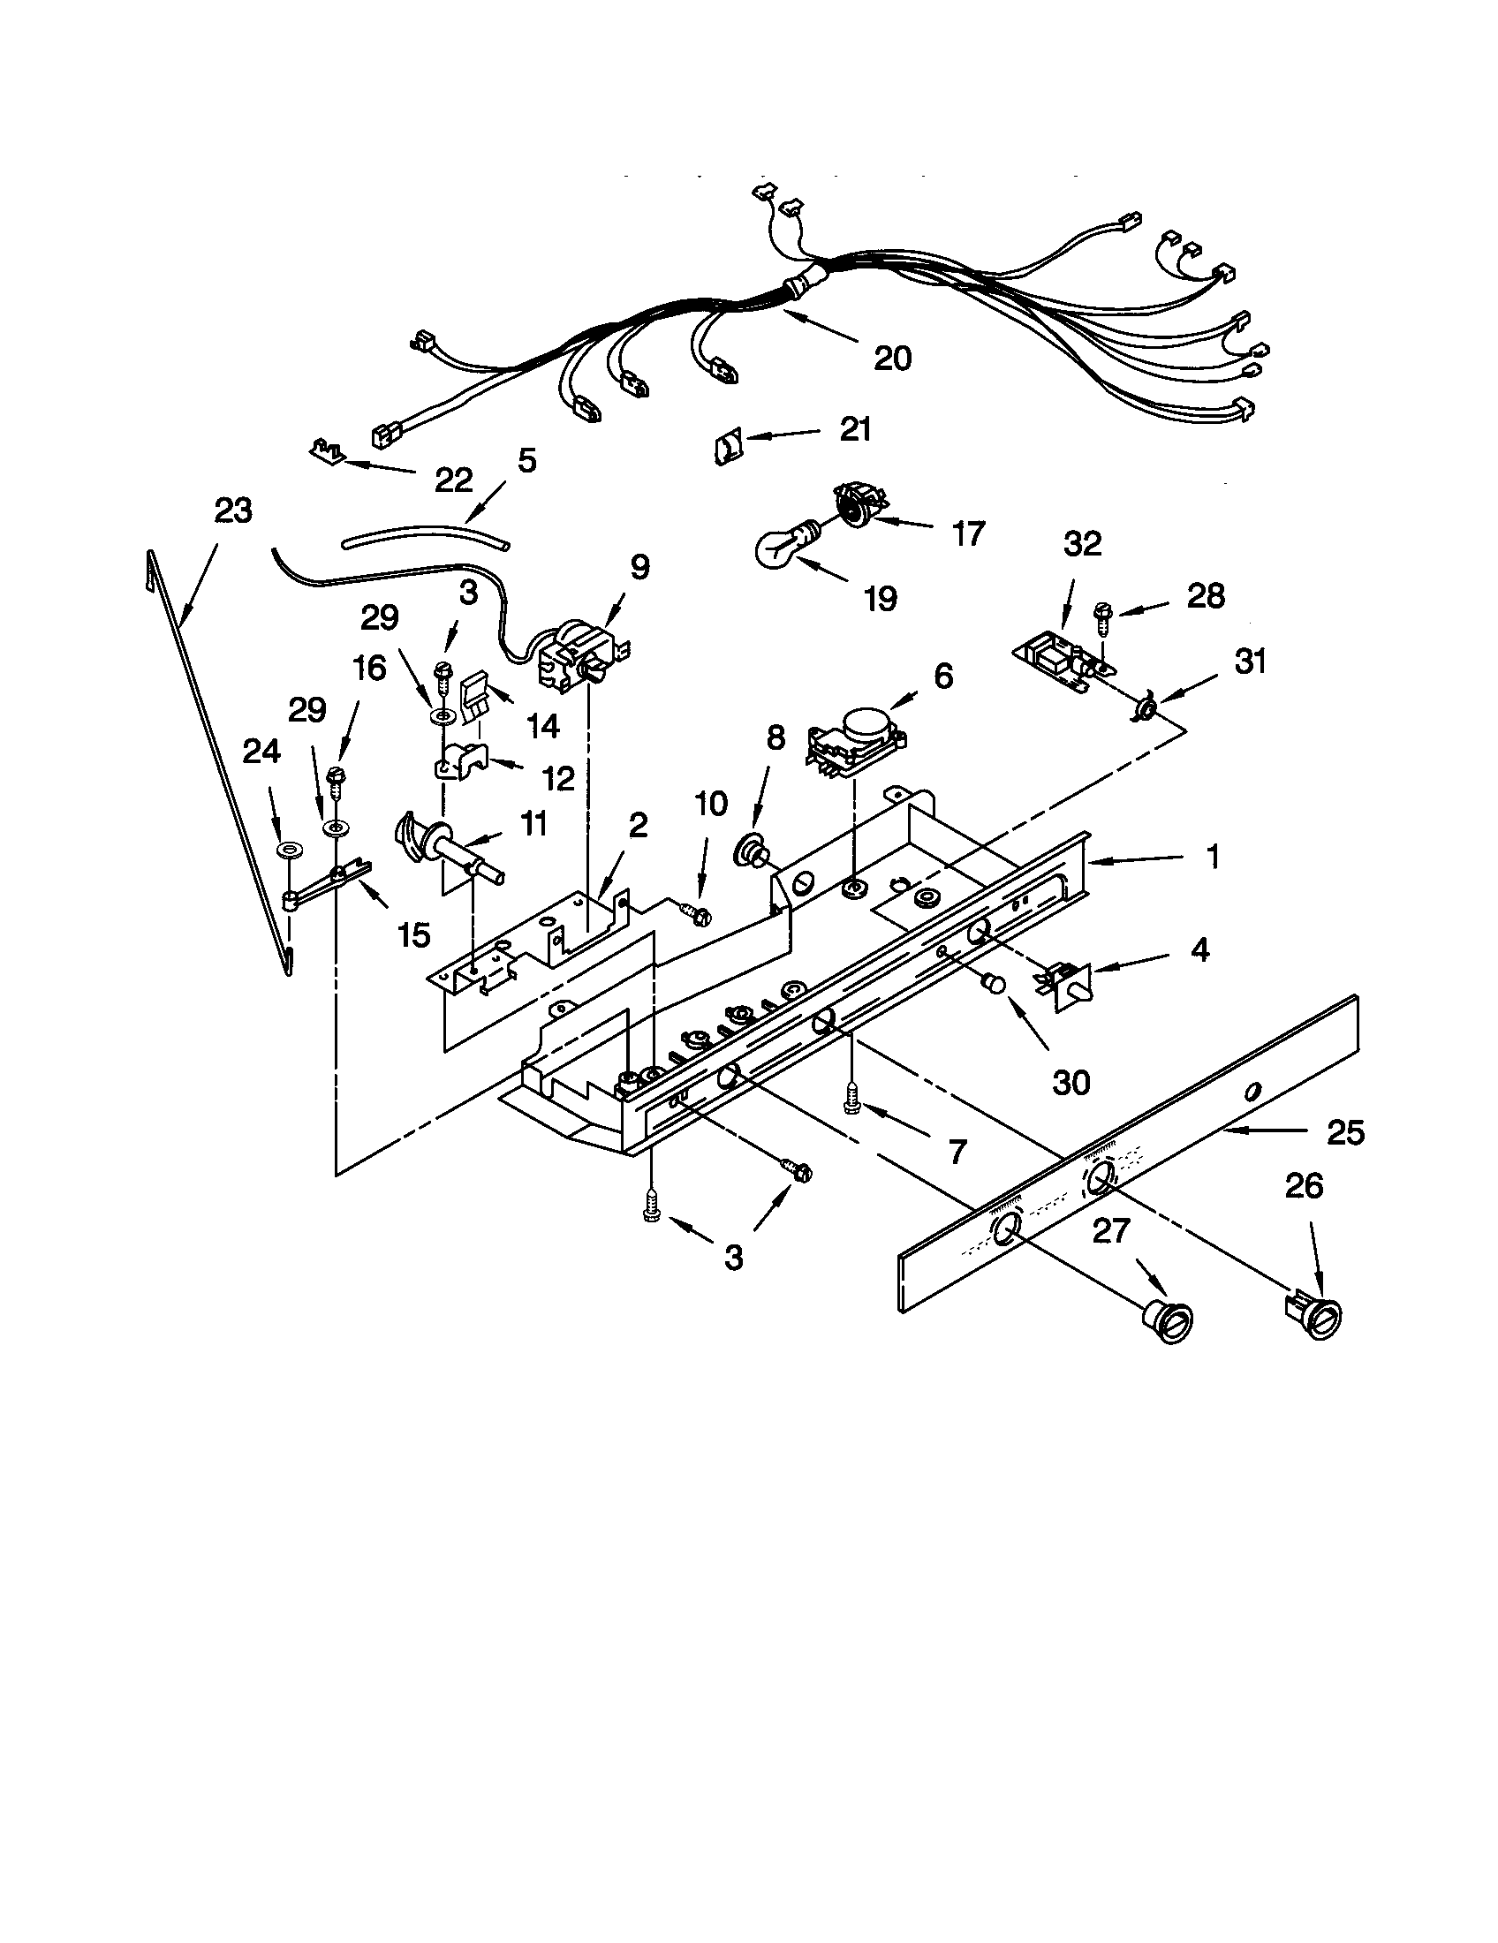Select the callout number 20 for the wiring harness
pos(892,358)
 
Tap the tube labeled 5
pos(425,537)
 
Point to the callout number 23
pos(233,510)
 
